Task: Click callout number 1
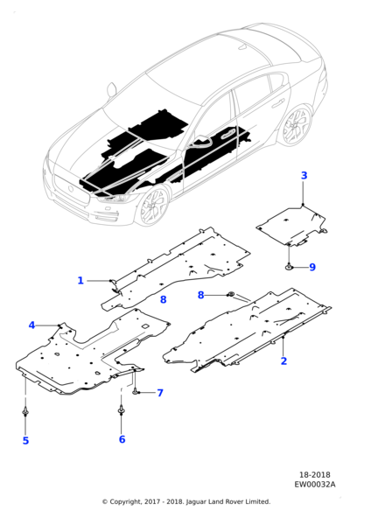click(80, 280)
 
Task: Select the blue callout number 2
click(283, 360)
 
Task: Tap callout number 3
click(304, 176)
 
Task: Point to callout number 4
click(31, 325)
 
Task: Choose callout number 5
click(25, 441)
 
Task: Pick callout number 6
click(122, 439)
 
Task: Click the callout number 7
click(160, 393)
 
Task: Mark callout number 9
click(312, 267)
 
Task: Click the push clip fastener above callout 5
click(25, 411)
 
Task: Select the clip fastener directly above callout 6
click(121, 409)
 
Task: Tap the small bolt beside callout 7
click(135, 391)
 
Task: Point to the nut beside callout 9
click(289, 267)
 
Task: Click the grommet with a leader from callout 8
click(231, 294)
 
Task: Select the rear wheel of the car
click(297, 125)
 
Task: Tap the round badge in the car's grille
click(72, 188)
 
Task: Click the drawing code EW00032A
click(315, 484)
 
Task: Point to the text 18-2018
click(314, 475)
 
